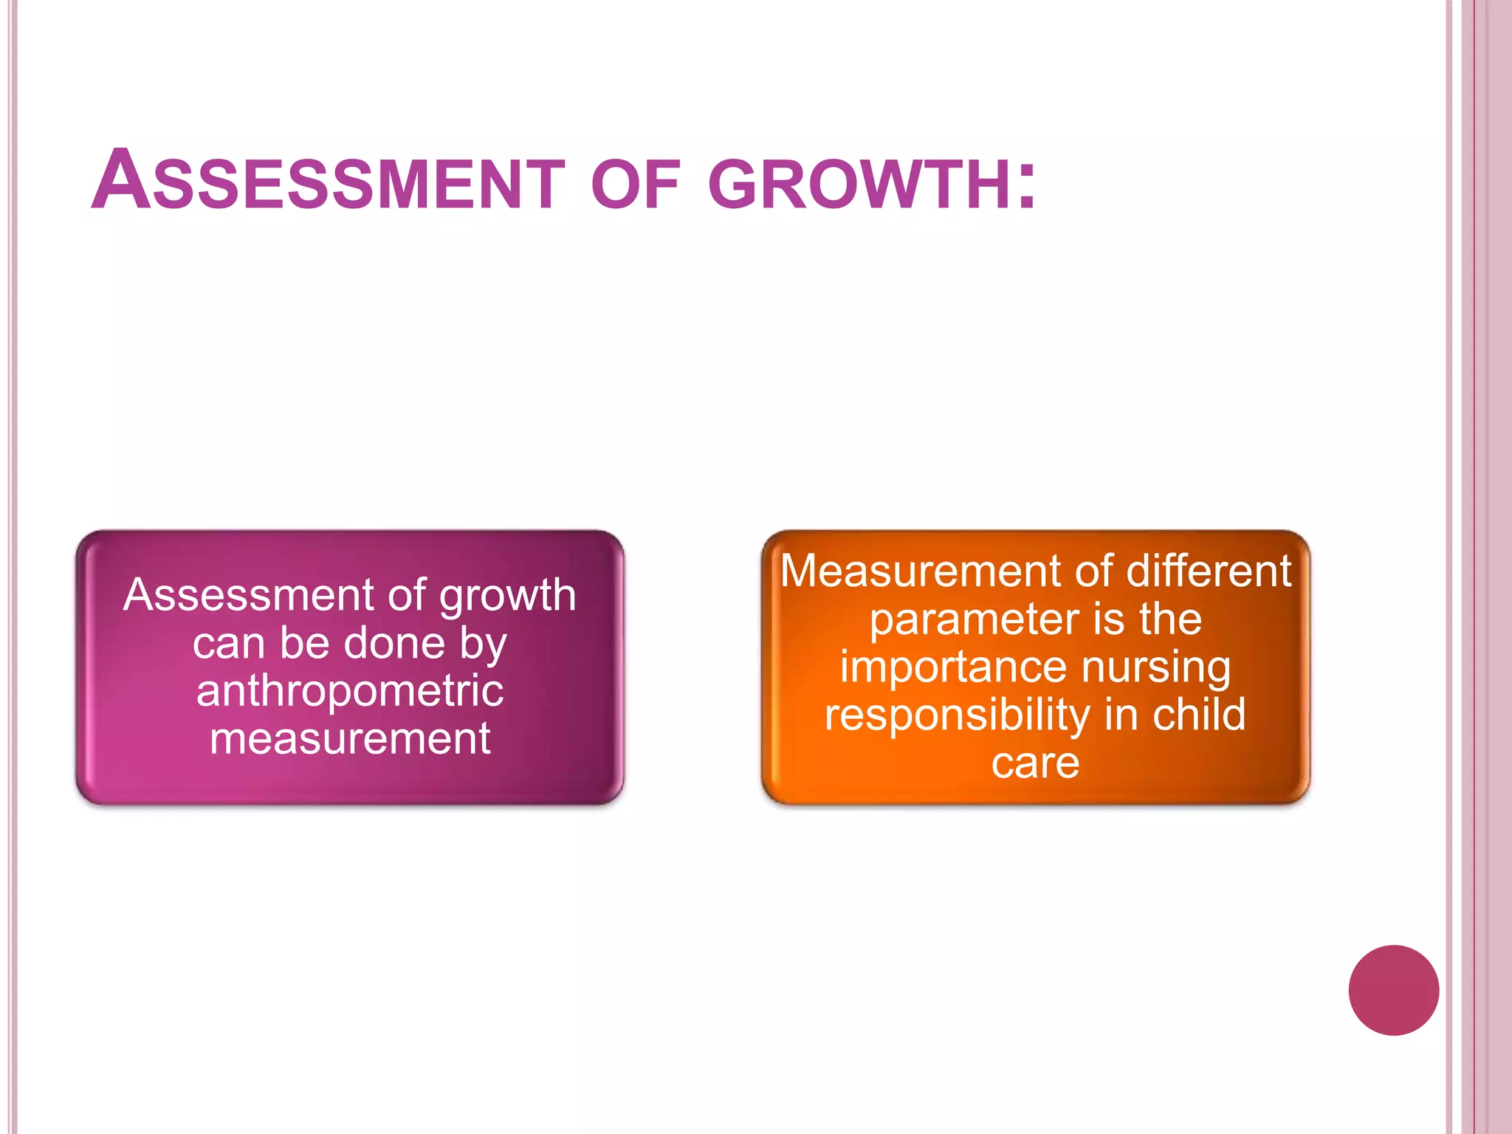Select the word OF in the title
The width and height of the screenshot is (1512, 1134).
click(x=635, y=185)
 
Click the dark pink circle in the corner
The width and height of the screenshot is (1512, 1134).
click(x=1393, y=990)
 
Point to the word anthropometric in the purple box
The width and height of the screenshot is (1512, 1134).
click(x=350, y=691)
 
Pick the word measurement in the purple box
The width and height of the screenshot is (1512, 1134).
click(x=350, y=738)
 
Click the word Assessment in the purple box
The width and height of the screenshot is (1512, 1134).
click(x=249, y=595)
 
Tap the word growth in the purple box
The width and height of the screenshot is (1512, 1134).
click(x=507, y=597)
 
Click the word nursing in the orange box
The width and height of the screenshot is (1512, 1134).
click(x=1156, y=668)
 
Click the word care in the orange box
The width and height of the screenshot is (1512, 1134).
click(x=1035, y=763)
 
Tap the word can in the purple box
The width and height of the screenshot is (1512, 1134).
click(x=228, y=644)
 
